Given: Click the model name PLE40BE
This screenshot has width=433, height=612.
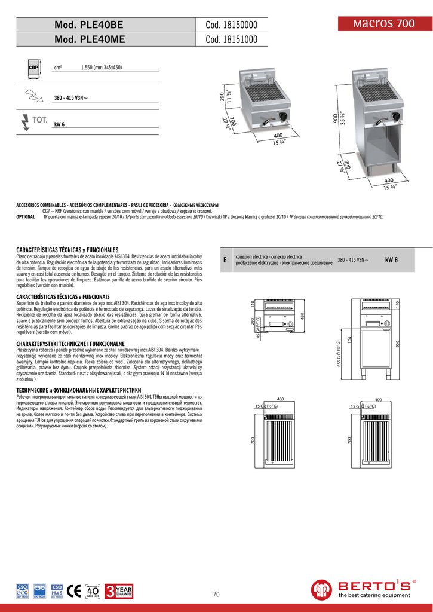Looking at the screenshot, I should [89, 25].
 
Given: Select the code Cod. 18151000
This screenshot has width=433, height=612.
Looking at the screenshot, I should [231, 40].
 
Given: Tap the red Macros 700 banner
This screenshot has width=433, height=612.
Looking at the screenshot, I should [383, 24].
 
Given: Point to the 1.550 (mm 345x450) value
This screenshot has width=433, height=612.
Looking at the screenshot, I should [102, 68].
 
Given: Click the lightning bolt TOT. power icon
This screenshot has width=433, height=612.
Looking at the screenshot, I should [25, 121].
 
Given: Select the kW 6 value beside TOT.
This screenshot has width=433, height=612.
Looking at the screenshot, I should [59, 124].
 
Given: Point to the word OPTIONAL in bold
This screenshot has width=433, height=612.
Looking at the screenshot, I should [25, 217].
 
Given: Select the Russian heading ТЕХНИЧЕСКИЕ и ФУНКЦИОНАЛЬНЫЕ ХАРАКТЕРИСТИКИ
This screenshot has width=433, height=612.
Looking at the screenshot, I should [78, 390].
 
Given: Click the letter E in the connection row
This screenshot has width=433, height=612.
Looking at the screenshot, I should [225, 260].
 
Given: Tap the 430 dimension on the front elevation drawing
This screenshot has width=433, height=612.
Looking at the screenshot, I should [303, 316].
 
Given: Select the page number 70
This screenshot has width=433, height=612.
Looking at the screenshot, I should [216, 594].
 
